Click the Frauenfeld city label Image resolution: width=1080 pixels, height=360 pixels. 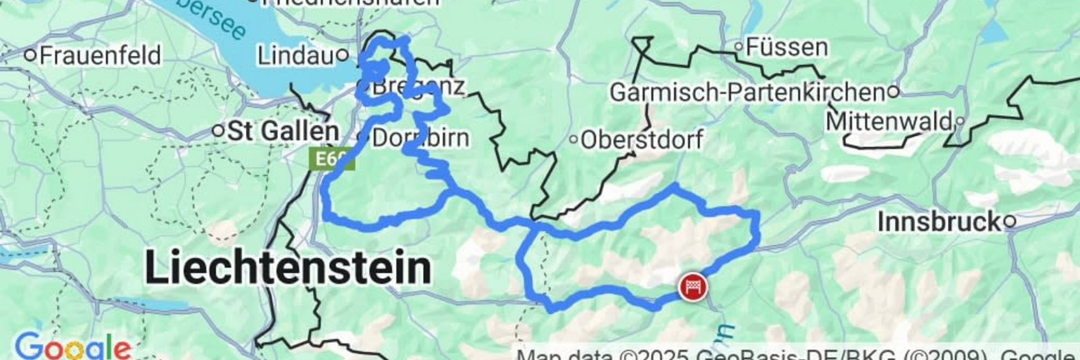click(100, 55)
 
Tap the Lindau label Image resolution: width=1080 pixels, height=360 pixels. click(295, 56)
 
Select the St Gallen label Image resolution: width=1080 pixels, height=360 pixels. click(283, 131)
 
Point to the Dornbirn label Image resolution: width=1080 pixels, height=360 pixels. click(420, 138)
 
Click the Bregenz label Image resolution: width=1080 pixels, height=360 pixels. click(418, 87)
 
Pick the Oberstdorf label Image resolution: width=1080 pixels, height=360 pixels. click(641, 140)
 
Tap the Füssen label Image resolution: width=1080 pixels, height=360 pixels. click(786, 47)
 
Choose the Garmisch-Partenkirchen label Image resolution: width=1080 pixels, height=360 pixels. click(748, 92)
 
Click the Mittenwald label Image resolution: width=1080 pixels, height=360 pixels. click(889, 121)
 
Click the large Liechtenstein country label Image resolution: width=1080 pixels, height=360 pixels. click(288, 268)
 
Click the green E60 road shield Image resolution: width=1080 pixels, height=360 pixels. click(331, 159)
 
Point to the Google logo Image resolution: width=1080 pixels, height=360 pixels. click(72, 347)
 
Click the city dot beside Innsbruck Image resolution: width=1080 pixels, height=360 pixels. click(1010, 222)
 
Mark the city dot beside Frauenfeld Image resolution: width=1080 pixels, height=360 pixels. click(31, 55)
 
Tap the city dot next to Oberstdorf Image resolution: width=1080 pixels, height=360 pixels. click(573, 140)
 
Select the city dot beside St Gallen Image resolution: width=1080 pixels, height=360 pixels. click(218, 131)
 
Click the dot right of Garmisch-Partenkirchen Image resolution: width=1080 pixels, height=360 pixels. click(894, 91)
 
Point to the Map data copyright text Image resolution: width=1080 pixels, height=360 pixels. click(787, 355)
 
